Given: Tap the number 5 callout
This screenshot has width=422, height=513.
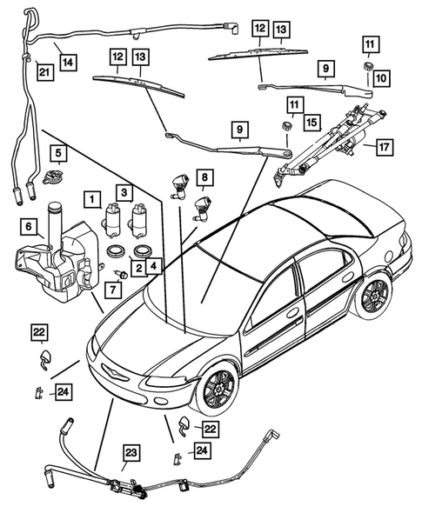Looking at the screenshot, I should point(57,156).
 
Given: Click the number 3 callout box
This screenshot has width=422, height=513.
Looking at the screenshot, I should point(125,191).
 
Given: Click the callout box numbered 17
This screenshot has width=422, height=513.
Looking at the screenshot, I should point(380,148).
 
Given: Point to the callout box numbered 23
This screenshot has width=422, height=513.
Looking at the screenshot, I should point(131,452).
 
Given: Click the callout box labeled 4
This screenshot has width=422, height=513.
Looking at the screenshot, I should point(153,264).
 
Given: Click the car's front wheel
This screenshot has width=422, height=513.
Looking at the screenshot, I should point(215,389).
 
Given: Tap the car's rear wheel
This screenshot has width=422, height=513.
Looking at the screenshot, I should point(374,296).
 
